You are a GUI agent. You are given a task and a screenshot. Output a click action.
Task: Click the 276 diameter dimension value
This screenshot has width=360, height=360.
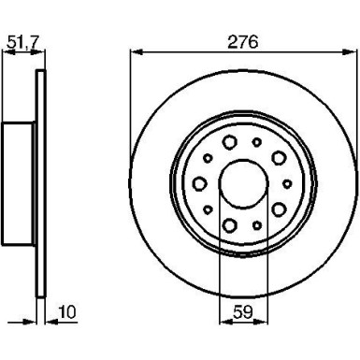tap(241, 41)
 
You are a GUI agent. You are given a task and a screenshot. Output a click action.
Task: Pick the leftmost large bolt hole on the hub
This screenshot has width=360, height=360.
tap(199, 183)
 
